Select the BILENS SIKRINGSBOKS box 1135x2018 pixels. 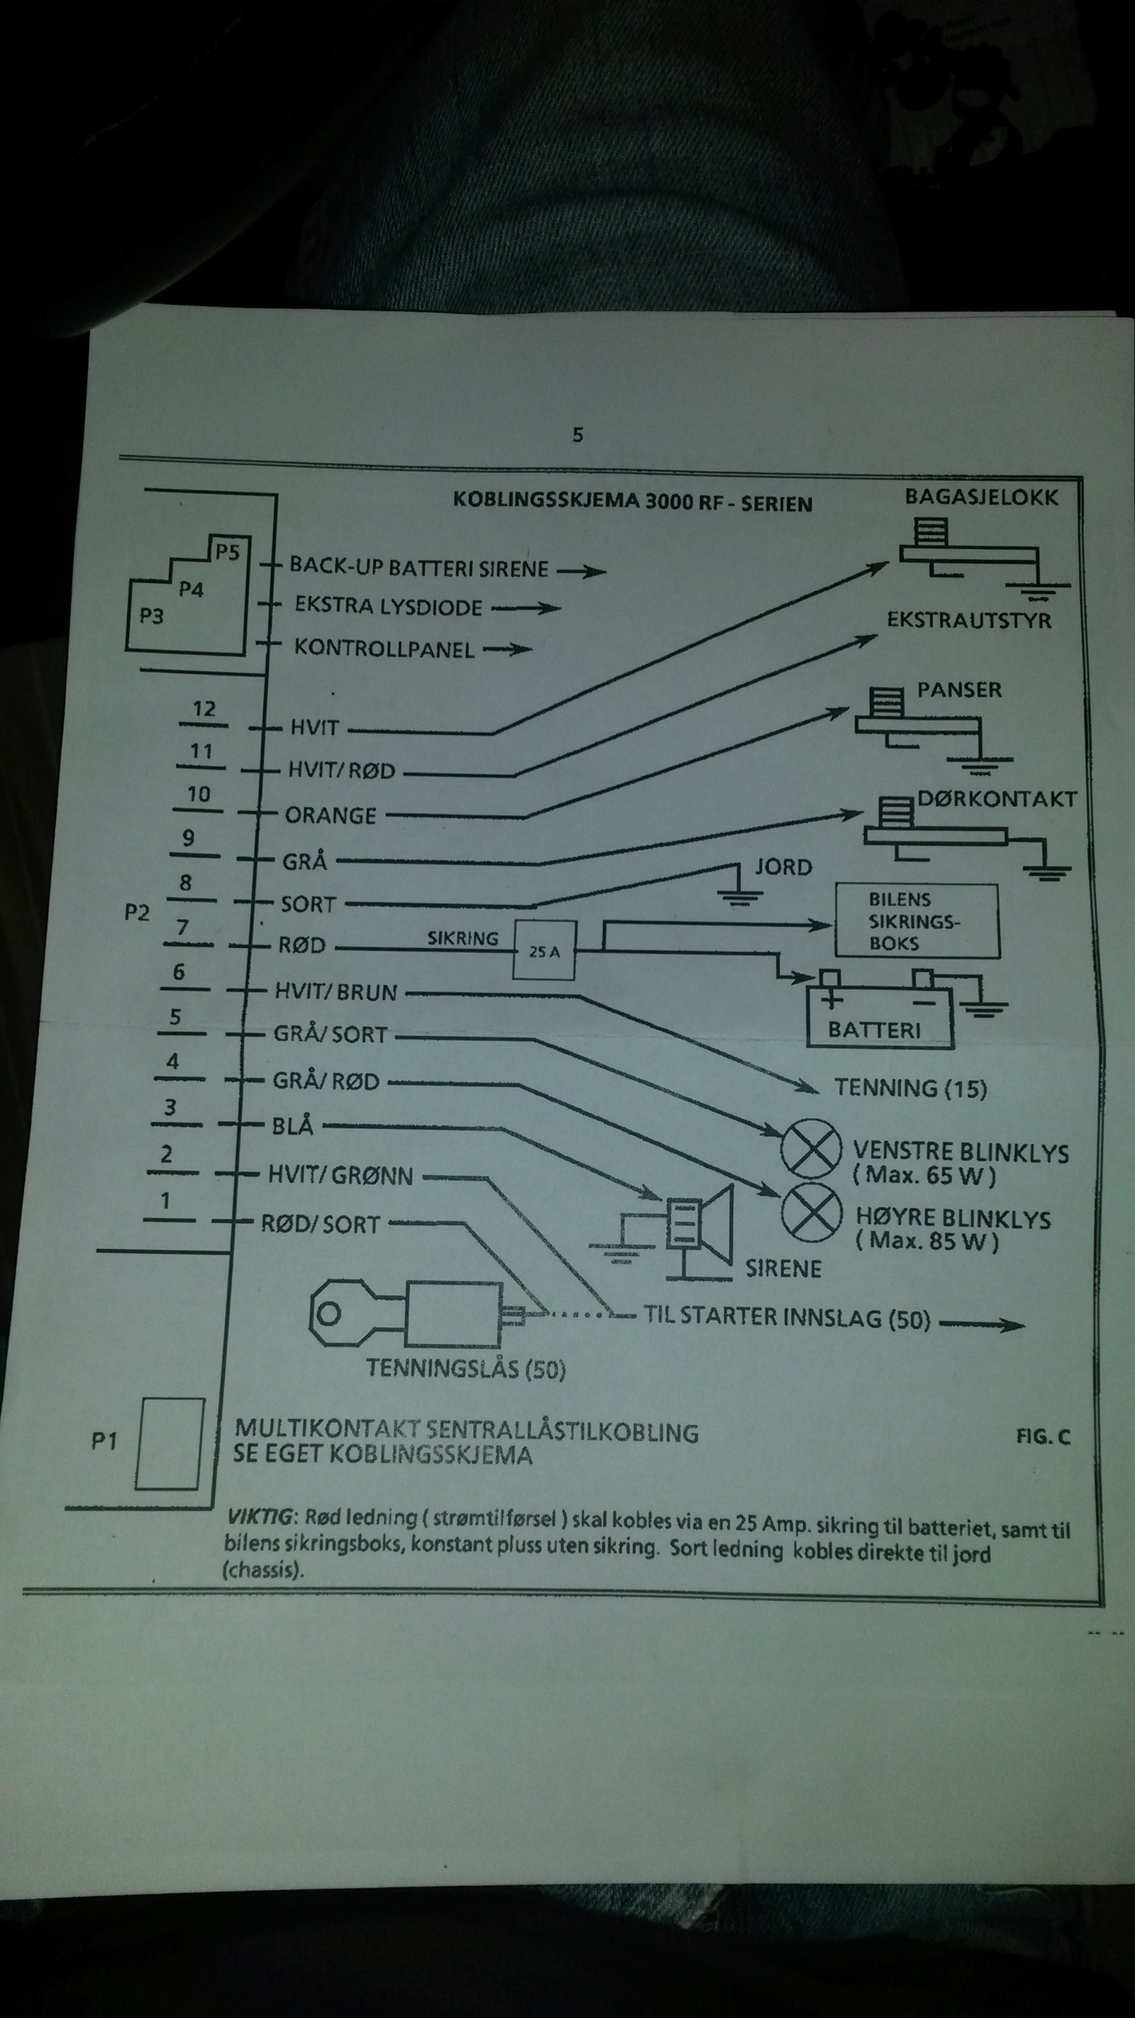pos(917,921)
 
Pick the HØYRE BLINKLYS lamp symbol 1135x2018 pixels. pos(807,1213)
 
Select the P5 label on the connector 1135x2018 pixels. pos(227,552)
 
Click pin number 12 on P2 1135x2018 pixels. pos(204,709)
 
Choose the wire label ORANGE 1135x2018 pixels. pos(331,815)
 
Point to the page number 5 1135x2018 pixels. pos(578,435)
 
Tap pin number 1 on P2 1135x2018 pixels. pos(165,1200)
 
